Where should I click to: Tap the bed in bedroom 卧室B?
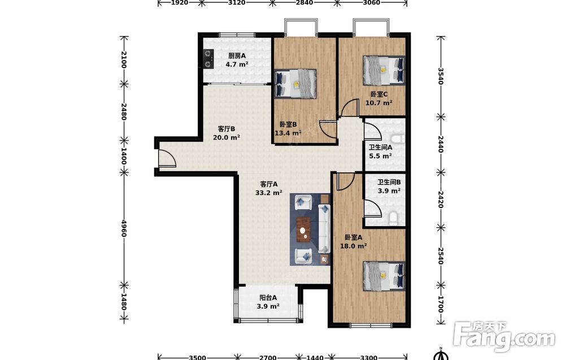click(295, 84)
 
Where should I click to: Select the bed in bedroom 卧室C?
click(384, 70)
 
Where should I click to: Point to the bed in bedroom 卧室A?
click(384, 276)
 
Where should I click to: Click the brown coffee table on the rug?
click(304, 229)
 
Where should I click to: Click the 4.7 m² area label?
click(237, 64)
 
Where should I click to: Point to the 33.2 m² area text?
click(268, 193)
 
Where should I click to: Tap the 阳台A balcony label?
click(268, 298)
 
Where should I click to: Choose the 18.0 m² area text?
click(354, 246)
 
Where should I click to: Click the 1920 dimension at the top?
click(179, 3)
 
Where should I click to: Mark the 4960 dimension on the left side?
click(124, 228)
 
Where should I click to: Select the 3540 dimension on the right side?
click(440, 76)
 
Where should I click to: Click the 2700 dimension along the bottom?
click(268, 357)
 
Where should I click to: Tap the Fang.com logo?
click(505, 336)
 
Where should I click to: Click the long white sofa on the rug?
click(324, 228)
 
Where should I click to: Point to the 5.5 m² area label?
click(380, 156)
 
